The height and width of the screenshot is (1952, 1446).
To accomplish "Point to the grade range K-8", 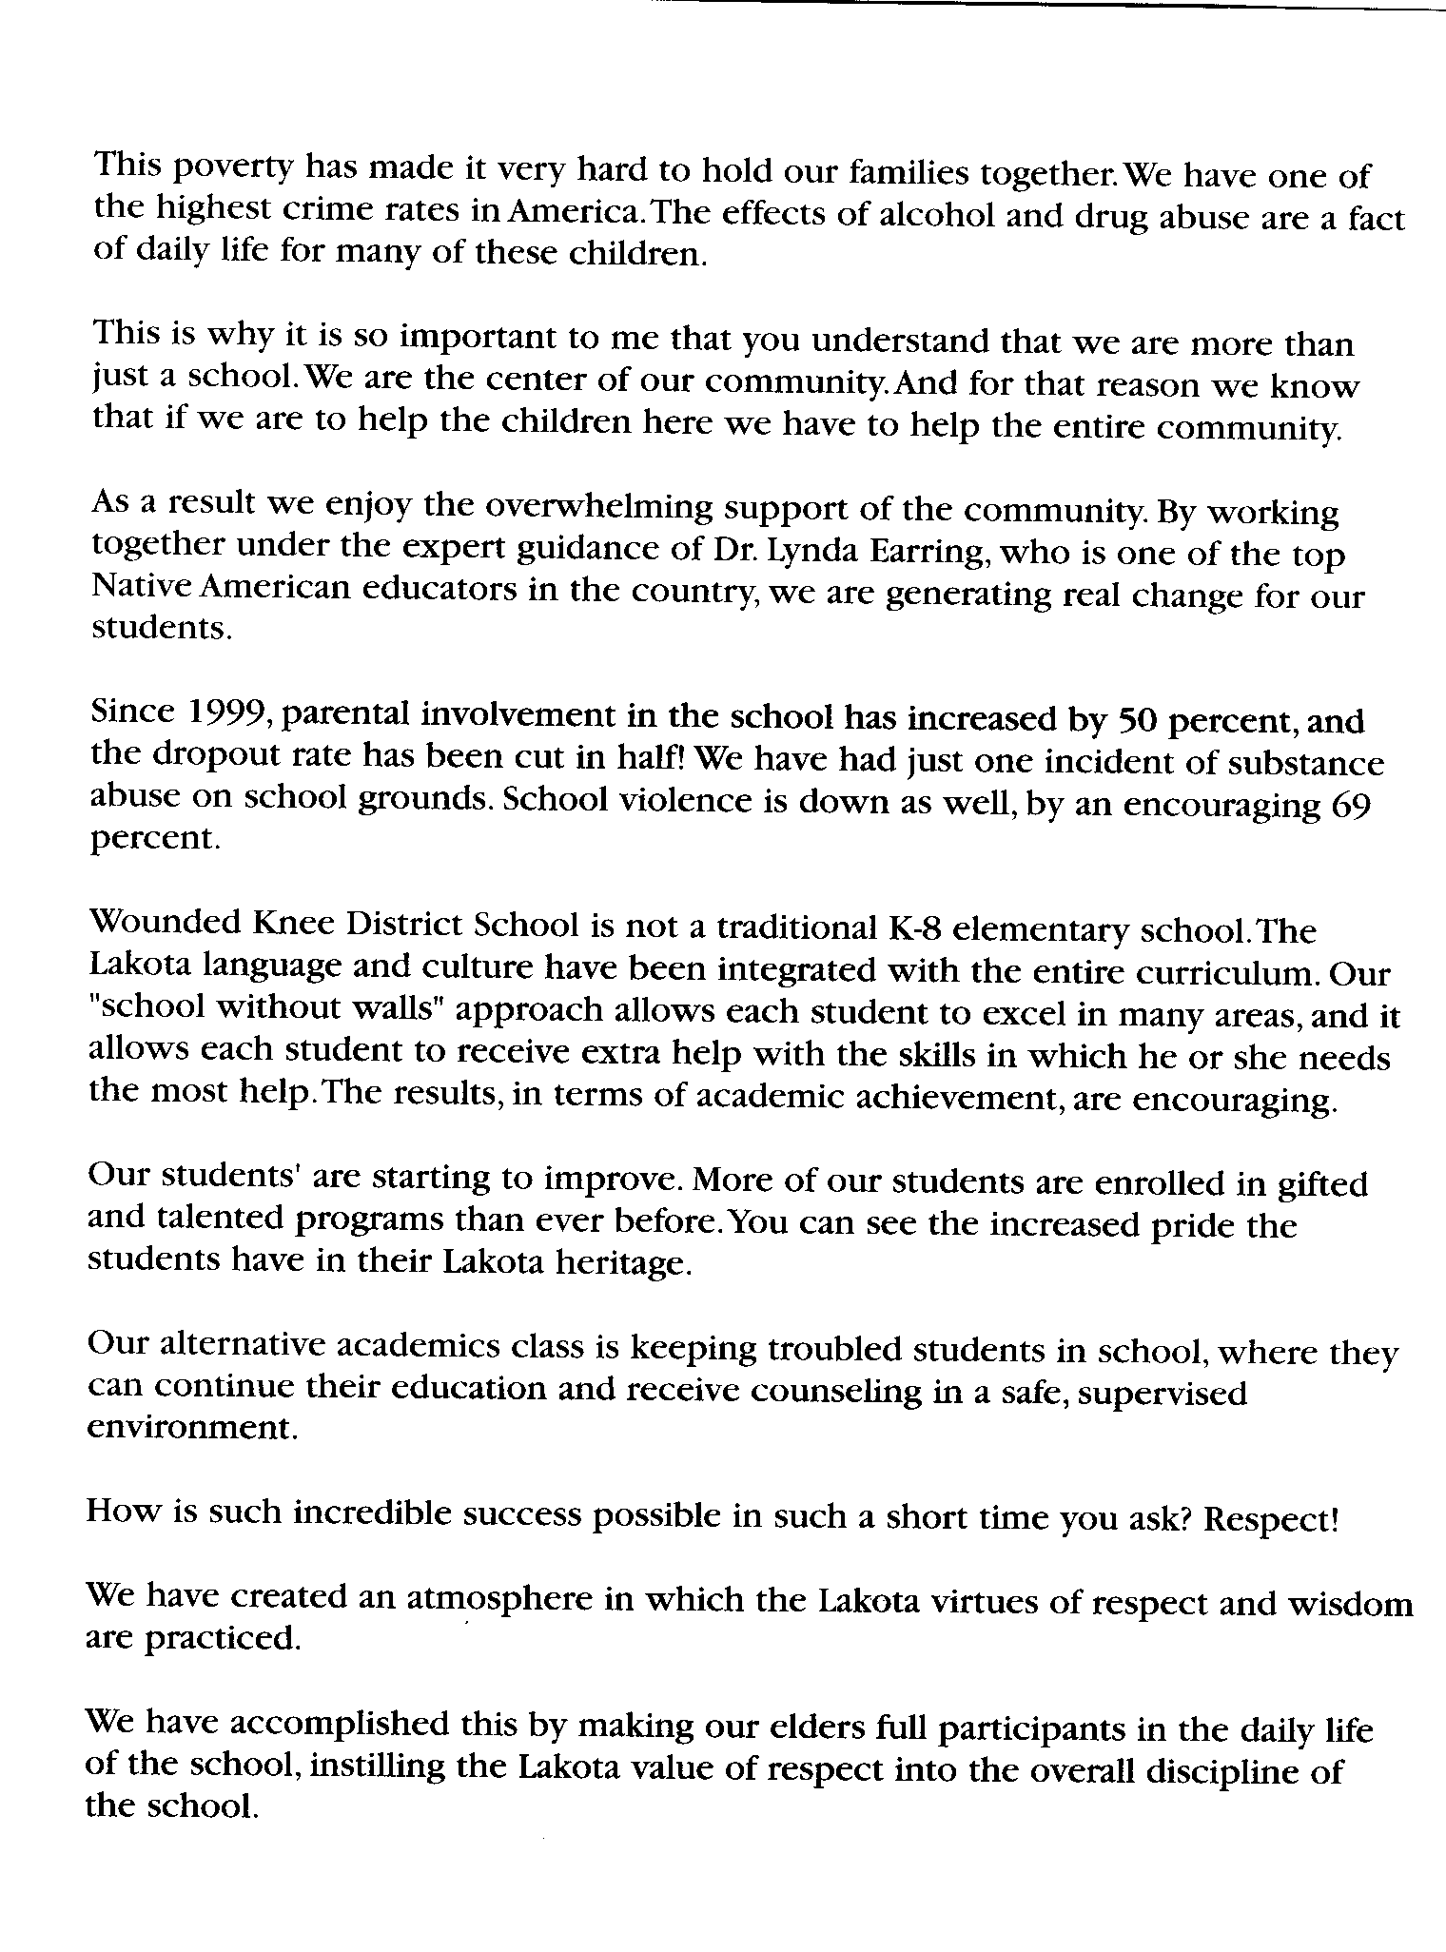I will click(915, 927).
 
